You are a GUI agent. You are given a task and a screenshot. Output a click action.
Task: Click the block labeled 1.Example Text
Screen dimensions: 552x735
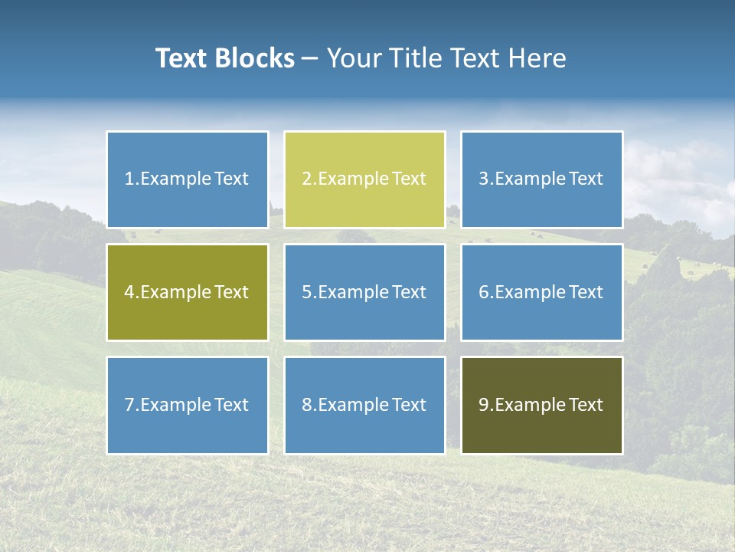point(187,179)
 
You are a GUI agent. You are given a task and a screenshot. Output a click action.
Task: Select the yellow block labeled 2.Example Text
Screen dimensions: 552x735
point(364,179)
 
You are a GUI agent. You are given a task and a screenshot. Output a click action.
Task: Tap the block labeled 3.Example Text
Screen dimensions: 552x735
point(541,179)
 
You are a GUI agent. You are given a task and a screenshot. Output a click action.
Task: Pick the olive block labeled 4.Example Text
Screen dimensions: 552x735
point(187,292)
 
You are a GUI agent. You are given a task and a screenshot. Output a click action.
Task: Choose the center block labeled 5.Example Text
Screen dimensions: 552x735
point(364,292)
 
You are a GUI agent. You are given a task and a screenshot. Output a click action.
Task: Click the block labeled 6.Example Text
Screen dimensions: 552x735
point(541,292)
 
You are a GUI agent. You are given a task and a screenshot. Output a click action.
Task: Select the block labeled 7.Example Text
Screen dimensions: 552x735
point(187,405)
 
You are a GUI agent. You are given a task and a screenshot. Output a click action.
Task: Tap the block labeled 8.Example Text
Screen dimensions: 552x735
point(364,405)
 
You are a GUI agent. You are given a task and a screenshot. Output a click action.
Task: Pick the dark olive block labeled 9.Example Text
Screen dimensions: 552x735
point(541,405)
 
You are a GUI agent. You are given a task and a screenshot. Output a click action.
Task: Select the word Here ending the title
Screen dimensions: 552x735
point(541,58)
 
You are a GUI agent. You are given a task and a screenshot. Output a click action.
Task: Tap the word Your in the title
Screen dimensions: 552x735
point(352,58)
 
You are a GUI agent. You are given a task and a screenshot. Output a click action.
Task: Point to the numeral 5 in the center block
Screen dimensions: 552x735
point(306,292)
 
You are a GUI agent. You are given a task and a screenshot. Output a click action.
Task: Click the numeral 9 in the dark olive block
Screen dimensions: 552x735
point(484,405)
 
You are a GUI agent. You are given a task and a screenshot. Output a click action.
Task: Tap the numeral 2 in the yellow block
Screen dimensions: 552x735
point(306,179)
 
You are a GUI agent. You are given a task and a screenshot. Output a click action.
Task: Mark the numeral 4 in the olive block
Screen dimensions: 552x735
point(129,292)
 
